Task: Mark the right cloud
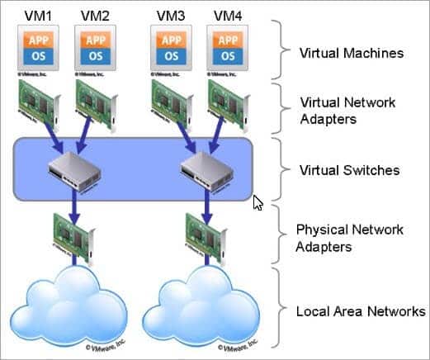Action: pyautogui.click(x=202, y=310)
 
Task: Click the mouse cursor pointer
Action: pyautogui.click(x=258, y=203)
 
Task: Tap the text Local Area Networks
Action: pyautogui.click(x=360, y=311)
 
